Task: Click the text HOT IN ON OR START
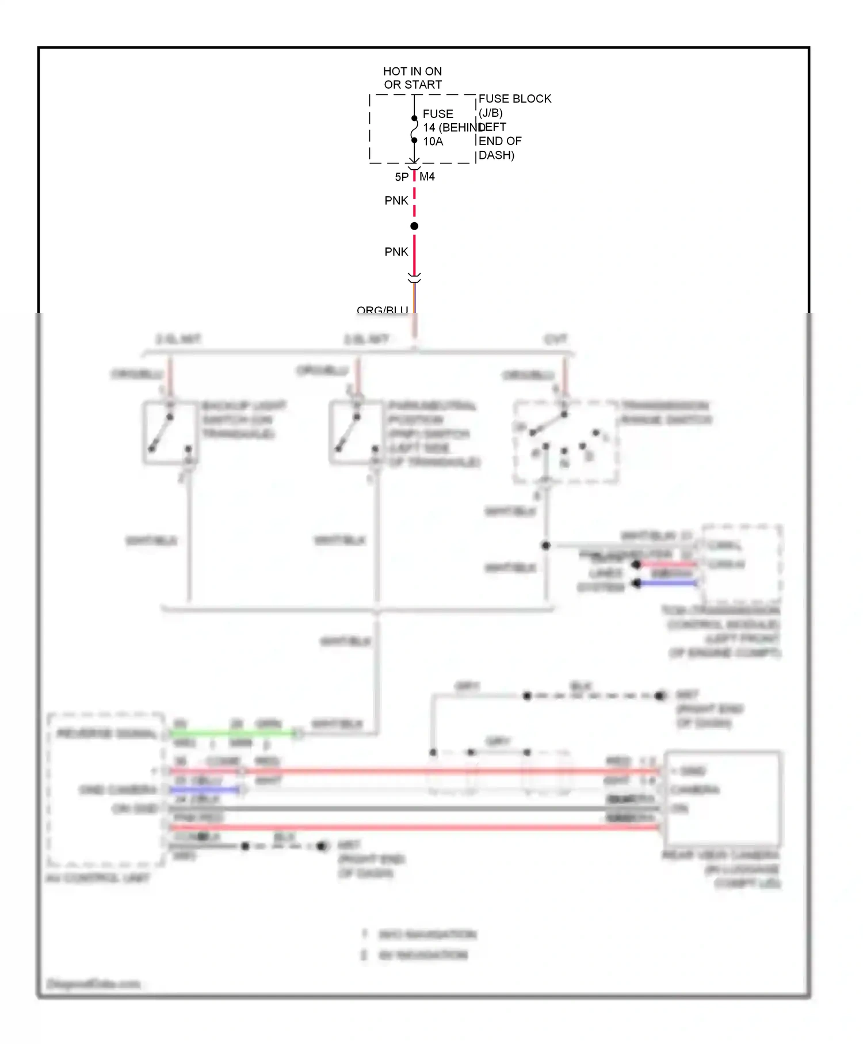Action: (413, 78)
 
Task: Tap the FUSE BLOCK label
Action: (514, 99)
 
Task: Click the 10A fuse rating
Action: (433, 142)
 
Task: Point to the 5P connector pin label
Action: (401, 177)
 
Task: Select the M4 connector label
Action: (427, 177)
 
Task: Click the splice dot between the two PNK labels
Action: (414, 226)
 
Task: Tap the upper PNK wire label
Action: (396, 201)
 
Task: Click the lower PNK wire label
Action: (396, 252)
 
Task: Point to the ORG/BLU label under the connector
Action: (382, 310)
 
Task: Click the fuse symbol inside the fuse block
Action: (414, 129)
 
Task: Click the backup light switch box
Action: (170, 433)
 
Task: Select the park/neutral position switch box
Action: (357, 433)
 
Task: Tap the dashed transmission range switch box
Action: (566, 442)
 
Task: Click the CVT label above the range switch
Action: (556, 340)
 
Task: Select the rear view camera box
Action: (723, 798)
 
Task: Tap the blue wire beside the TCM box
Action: (667, 583)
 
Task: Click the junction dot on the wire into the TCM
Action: (546, 545)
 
